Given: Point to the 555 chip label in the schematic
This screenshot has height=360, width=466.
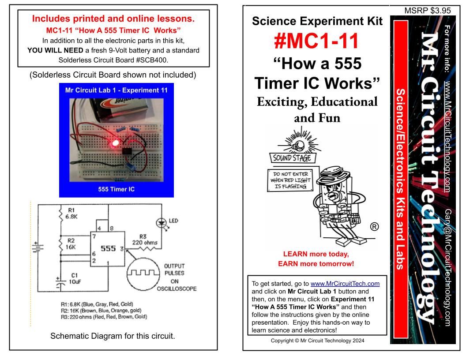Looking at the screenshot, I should (x=109, y=248).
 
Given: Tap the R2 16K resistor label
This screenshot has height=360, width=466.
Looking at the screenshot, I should (x=71, y=244).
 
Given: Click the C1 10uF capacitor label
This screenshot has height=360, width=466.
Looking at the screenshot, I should (x=73, y=278).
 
